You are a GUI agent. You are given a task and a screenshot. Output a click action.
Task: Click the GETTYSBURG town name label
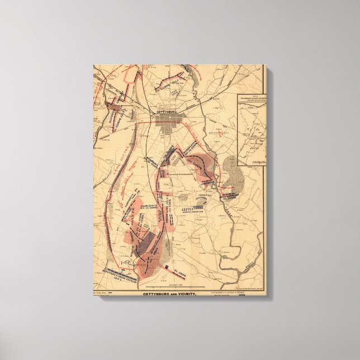click(171, 111)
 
